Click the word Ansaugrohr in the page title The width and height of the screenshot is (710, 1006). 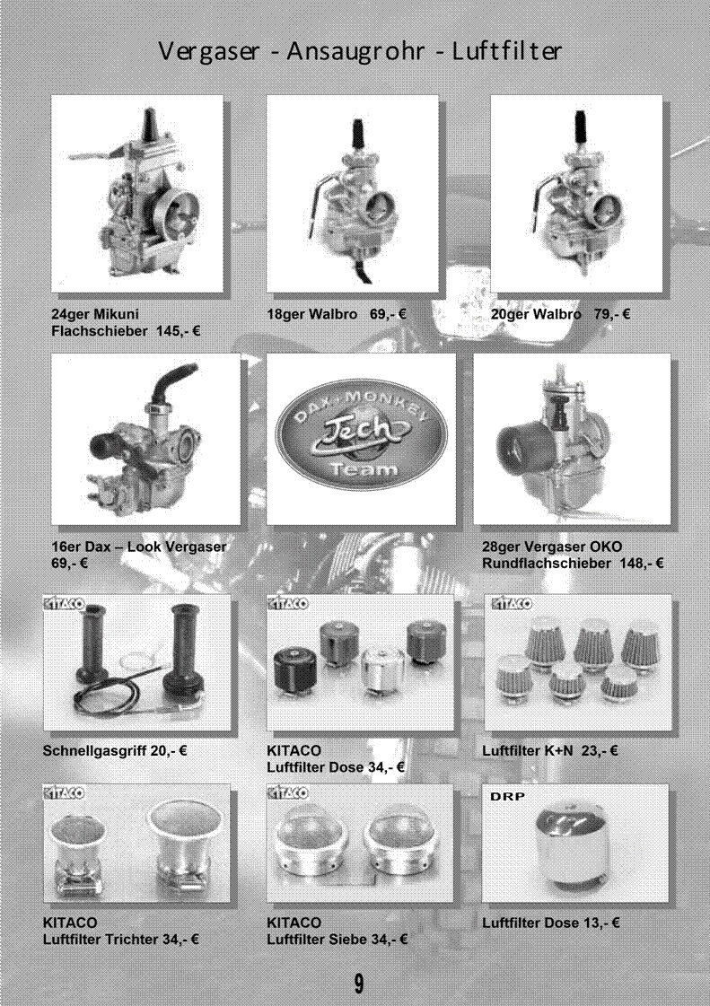tap(355, 51)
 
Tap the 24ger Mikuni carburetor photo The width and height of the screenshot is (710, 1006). tap(136, 194)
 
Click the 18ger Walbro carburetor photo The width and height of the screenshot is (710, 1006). tap(352, 194)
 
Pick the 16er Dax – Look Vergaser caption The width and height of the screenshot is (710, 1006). tap(138, 547)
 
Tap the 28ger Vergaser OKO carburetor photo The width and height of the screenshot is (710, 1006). tap(572, 439)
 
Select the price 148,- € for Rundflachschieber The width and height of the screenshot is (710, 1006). tap(642, 564)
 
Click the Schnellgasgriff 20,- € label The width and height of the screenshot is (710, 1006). tap(115, 750)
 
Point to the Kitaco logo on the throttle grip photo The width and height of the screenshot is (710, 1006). tap(63, 603)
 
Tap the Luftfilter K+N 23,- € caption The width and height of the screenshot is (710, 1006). tap(550, 750)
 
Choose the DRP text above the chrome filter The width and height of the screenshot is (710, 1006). tap(508, 796)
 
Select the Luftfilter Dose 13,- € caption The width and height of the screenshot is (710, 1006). tap(551, 923)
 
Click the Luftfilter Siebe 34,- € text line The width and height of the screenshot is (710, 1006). tap(337, 940)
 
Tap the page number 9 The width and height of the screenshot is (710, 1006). tap(359, 983)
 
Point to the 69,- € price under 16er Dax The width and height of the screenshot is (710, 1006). tap(69, 564)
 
